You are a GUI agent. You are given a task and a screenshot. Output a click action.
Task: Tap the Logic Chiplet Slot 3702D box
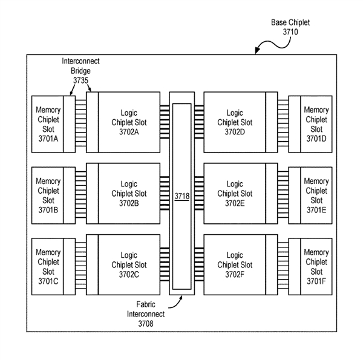[x=234, y=123]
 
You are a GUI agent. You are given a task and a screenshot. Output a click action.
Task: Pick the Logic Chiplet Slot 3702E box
[x=234, y=194]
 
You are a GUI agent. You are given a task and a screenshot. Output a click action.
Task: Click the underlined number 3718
[x=181, y=195]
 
